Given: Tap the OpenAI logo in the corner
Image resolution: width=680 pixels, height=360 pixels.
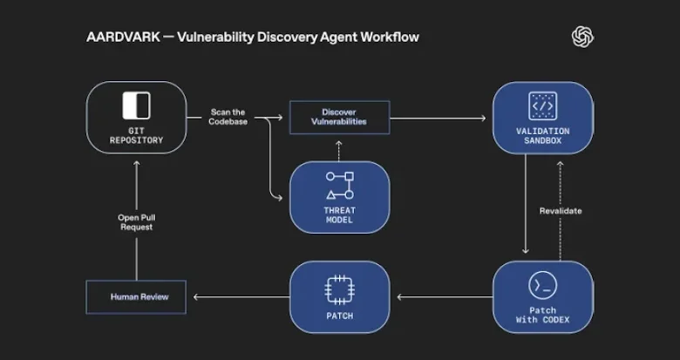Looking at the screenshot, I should (582, 36).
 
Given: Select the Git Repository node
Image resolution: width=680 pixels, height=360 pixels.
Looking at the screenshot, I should (136, 117).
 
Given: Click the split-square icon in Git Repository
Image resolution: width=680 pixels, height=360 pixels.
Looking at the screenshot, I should (136, 105).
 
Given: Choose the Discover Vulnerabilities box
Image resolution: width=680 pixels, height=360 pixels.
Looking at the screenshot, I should (339, 117).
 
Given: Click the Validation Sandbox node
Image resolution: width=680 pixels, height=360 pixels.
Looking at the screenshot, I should (542, 119).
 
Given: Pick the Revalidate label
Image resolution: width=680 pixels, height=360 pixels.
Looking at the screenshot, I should (561, 211).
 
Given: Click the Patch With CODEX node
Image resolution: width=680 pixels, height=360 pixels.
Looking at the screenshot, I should (542, 296).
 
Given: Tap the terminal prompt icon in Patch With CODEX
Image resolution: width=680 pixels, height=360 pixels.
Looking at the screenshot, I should (542, 285).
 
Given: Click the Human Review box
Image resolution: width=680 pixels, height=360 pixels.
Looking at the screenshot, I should (138, 297).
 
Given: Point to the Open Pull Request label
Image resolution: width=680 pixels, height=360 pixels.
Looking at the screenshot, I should (136, 222).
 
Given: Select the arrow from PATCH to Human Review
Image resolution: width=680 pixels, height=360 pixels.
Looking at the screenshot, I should (240, 297).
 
